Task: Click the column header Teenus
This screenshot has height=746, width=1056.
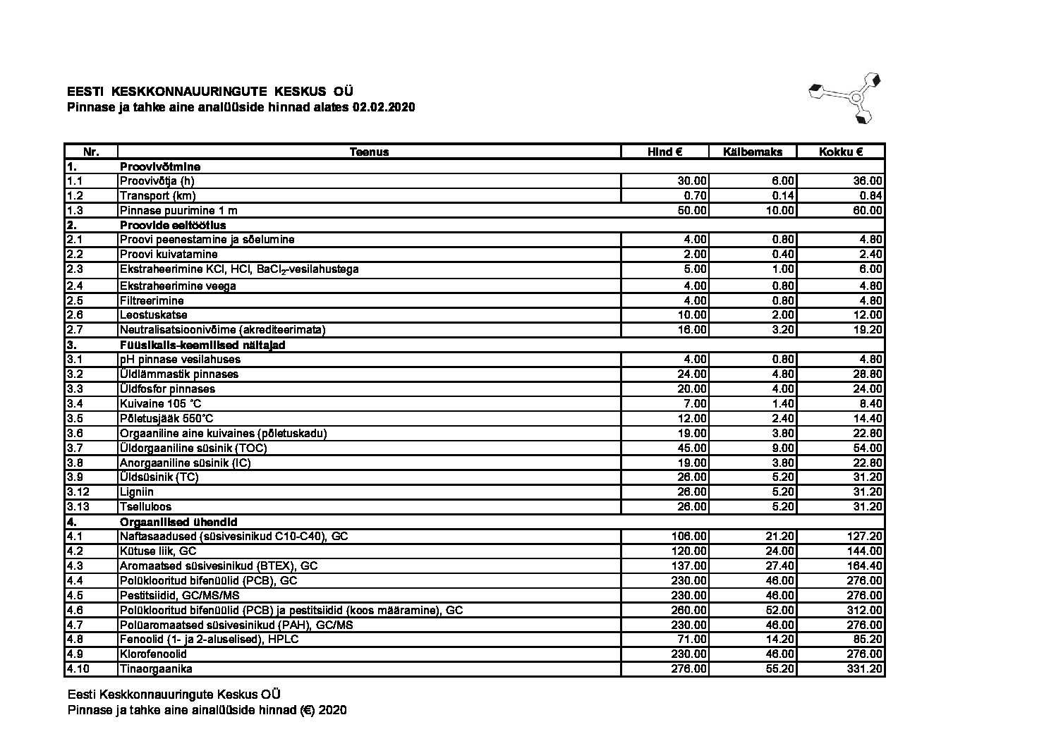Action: [369, 152]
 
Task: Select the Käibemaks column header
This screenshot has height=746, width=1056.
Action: [753, 152]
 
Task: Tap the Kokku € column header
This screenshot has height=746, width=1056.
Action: [841, 152]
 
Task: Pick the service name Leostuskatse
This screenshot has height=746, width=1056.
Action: [154, 315]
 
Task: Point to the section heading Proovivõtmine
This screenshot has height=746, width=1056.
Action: [160, 167]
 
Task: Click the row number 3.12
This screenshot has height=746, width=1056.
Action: [78, 492]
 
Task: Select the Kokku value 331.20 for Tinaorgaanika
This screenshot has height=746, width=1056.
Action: [864, 669]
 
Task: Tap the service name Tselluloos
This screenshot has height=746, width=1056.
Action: [145, 507]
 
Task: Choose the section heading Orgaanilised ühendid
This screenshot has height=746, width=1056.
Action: [178, 522]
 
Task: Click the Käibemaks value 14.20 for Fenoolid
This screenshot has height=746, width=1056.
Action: [780, 640]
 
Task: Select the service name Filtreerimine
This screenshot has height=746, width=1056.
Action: [152, 300]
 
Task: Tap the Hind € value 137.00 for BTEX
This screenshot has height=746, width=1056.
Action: [689, 566]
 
